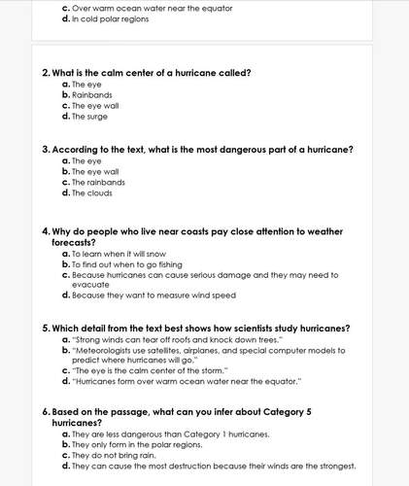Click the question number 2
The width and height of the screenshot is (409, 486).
tap(46, 73)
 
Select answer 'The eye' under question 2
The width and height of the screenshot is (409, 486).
tap(86, 85)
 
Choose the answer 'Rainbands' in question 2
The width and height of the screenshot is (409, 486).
tap(92, 95)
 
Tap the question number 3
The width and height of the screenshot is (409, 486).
tap(46, 150)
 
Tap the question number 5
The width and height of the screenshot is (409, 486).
tap(46, 328)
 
